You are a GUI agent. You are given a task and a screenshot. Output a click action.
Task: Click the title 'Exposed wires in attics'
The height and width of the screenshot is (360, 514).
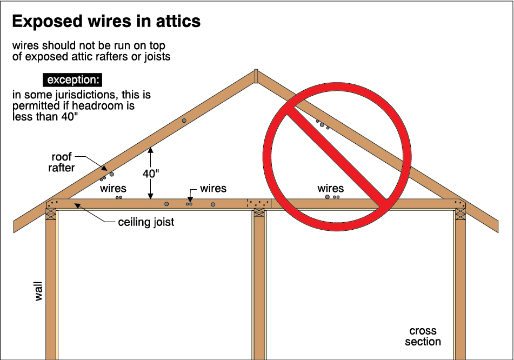106,21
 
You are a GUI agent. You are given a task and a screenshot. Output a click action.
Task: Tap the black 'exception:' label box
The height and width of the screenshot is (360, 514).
74,80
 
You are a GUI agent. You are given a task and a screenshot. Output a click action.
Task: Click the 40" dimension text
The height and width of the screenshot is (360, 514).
151,174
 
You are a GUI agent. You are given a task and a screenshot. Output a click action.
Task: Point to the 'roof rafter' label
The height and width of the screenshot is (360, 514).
62,162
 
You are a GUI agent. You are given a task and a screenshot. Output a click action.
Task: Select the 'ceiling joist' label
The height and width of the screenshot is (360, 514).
146,222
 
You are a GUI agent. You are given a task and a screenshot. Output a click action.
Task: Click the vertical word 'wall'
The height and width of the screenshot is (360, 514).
38,290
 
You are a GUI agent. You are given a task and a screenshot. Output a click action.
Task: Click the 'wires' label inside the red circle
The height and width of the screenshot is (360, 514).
331,188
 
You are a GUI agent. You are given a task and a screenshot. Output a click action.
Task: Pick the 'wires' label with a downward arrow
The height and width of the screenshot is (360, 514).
213,188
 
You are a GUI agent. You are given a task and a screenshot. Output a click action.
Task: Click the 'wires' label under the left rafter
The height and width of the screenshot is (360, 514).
114,188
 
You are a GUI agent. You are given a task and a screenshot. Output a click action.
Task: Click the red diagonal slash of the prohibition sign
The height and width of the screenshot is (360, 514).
333,155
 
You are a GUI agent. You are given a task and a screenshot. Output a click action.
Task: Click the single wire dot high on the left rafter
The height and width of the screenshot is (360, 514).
184,121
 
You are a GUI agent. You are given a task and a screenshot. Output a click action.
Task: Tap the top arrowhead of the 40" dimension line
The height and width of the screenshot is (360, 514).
151,150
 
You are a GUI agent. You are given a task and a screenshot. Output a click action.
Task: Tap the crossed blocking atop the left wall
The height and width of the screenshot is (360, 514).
51,214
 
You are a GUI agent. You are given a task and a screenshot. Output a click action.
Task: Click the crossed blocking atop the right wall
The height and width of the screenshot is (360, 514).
460,214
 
